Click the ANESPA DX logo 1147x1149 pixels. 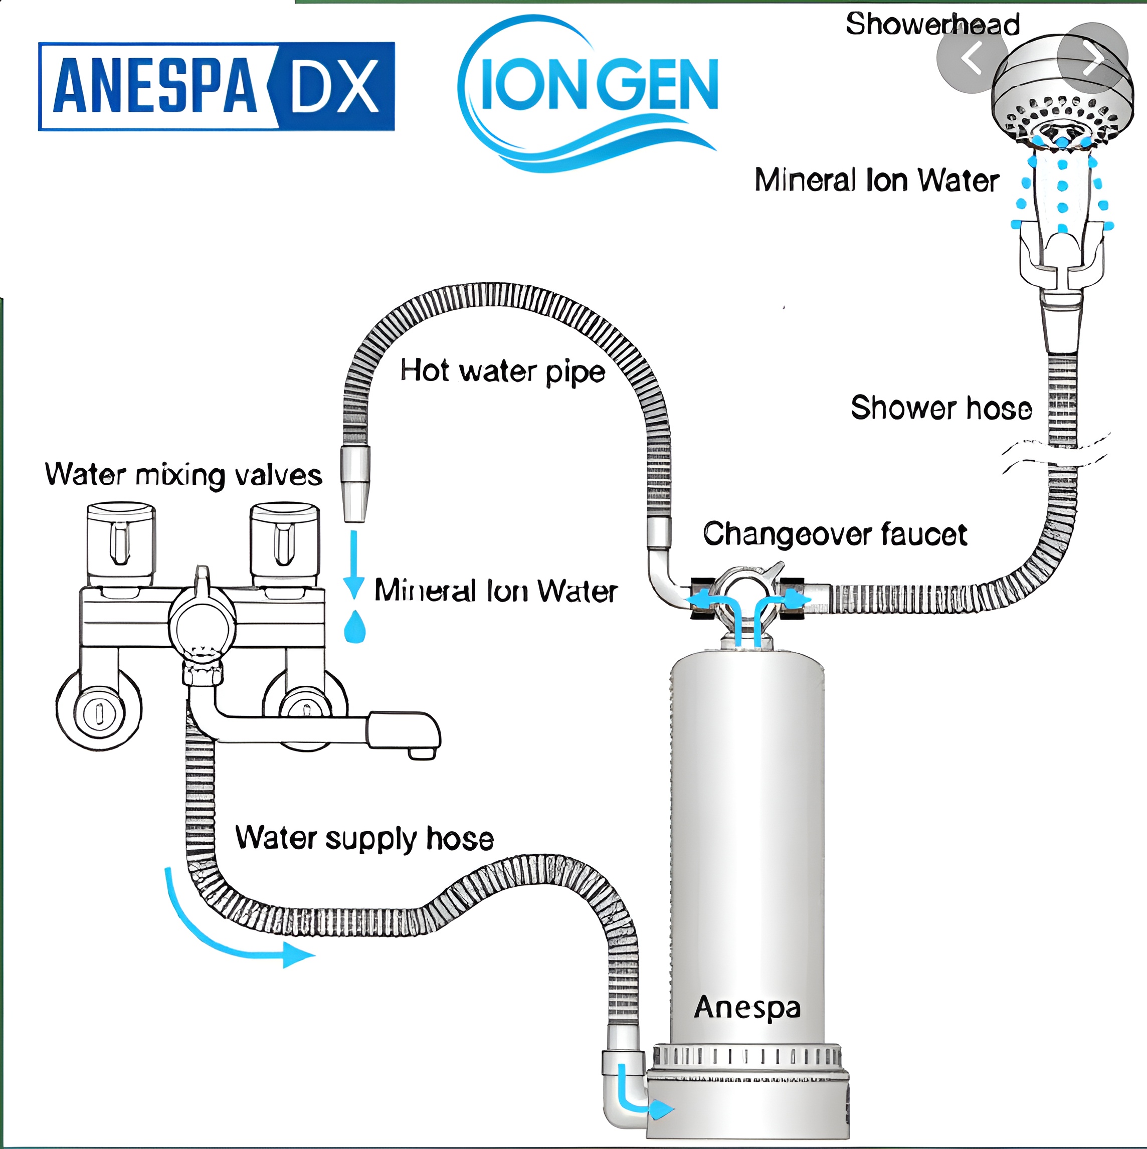coord(217,86)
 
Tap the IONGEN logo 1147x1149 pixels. coord(589,92)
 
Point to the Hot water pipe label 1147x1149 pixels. coord(502,371)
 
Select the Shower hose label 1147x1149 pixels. coord(941,408)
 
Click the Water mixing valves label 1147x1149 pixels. coord(183,475)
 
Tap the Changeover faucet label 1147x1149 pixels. coord(835,534)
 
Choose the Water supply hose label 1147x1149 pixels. coord(364,839)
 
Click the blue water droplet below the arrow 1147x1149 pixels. coord(354,626)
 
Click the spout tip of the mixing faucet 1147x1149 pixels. coord(423,752)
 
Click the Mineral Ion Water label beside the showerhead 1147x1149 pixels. coord(876,179)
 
